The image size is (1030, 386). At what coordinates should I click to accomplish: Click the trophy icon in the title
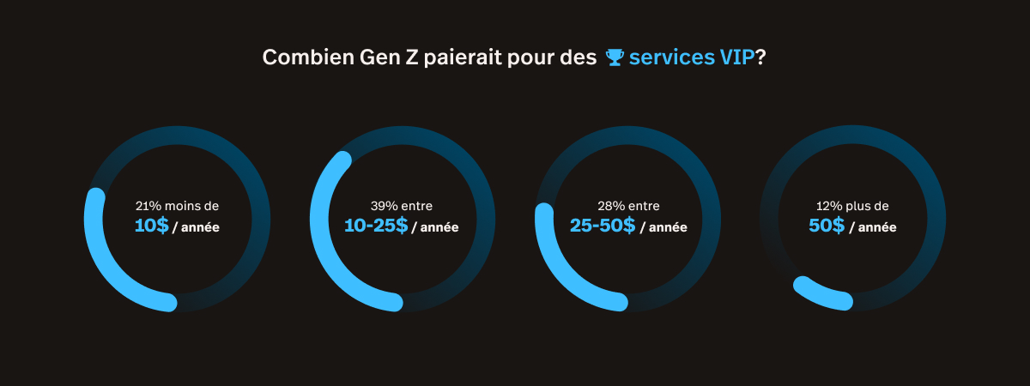pos(614,57)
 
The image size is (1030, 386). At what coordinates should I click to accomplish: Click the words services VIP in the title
pos(691,57)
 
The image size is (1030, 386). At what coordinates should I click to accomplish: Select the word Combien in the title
pos(300,57)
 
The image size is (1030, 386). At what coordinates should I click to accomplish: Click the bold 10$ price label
pos(151,226)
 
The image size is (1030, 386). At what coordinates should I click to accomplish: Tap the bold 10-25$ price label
pos(375,226)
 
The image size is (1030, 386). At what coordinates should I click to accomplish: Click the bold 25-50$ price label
pos(603,226)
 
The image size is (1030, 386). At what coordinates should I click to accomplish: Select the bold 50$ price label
pos(827,226)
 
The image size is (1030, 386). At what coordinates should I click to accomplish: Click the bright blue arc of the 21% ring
pos(107,267)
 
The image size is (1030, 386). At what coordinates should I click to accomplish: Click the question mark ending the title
pos(760,57)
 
